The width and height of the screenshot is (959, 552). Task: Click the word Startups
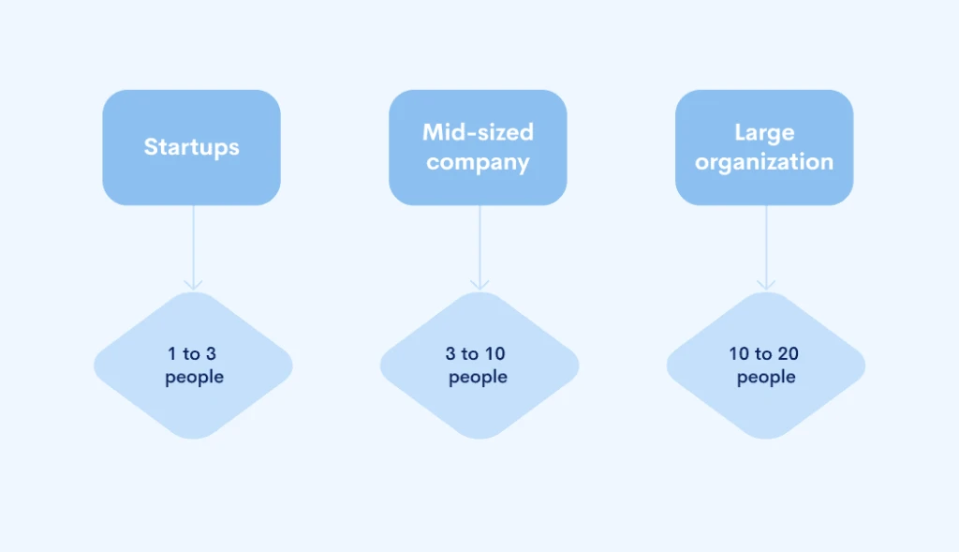coord(191,147)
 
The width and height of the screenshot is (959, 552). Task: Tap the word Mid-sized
coord(478,131)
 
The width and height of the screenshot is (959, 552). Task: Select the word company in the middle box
coord(478,162)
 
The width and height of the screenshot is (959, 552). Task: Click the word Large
coord(764,131)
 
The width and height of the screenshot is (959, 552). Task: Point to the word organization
coord(764,162)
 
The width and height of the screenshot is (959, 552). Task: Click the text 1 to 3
coord(192,353)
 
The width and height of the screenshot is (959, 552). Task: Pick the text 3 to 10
coord(478,353)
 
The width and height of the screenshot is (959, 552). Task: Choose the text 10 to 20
coord(764,353)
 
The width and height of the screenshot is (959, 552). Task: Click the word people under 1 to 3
coord(194,377)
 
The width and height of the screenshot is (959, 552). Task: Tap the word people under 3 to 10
coord(478,377)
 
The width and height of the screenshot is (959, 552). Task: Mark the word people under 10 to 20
coord(766,377)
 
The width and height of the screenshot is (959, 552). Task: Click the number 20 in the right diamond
coord(788,353)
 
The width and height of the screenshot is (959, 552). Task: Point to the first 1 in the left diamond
coord(172,353)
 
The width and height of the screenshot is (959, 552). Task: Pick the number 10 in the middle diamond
coord(496,353)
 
